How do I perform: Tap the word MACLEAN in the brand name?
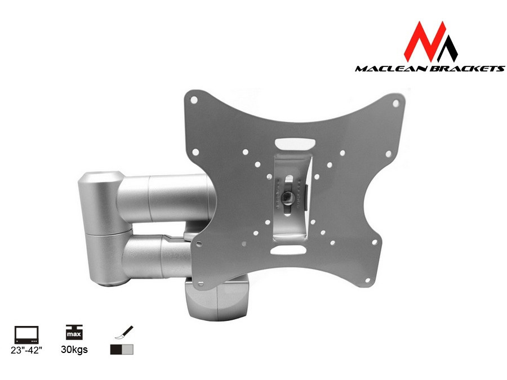pyautogui.click(x=389, y=69)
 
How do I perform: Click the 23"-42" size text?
pyautogui.click(x=26, y=350)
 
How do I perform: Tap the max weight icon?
pyautogui.click(x=72, y=333)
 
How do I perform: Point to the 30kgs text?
pyautogui.click(x=72, y=350)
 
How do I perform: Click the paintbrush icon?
pyautogui.click(x=122, y=333)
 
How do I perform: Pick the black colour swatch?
pyautogui.click(x=116, y=350)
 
